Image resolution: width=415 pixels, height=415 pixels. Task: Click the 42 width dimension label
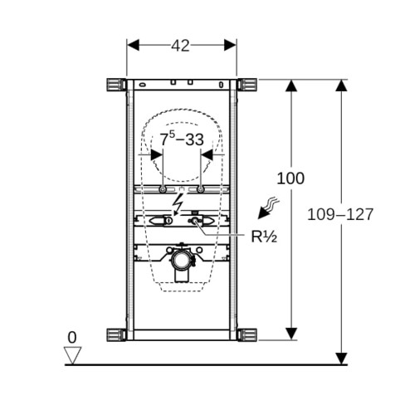[x=180, y=46]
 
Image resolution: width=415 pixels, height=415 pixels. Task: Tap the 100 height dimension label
[x=290, y=178]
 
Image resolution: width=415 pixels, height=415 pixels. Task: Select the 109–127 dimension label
[x=340, y=214]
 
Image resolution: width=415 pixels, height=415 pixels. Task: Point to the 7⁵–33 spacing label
[x=182, y=139]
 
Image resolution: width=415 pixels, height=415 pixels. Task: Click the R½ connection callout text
[x=264, y=237]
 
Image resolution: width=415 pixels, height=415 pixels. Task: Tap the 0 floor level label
[x=72, y=338]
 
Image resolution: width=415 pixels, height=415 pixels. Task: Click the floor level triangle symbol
[x=72, y=355]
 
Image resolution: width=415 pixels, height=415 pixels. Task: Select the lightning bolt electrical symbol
[x=177, y=204]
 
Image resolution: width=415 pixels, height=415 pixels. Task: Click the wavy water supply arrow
[x=268, y=208]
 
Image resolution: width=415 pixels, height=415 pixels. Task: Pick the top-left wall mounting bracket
[x=116, y=85]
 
